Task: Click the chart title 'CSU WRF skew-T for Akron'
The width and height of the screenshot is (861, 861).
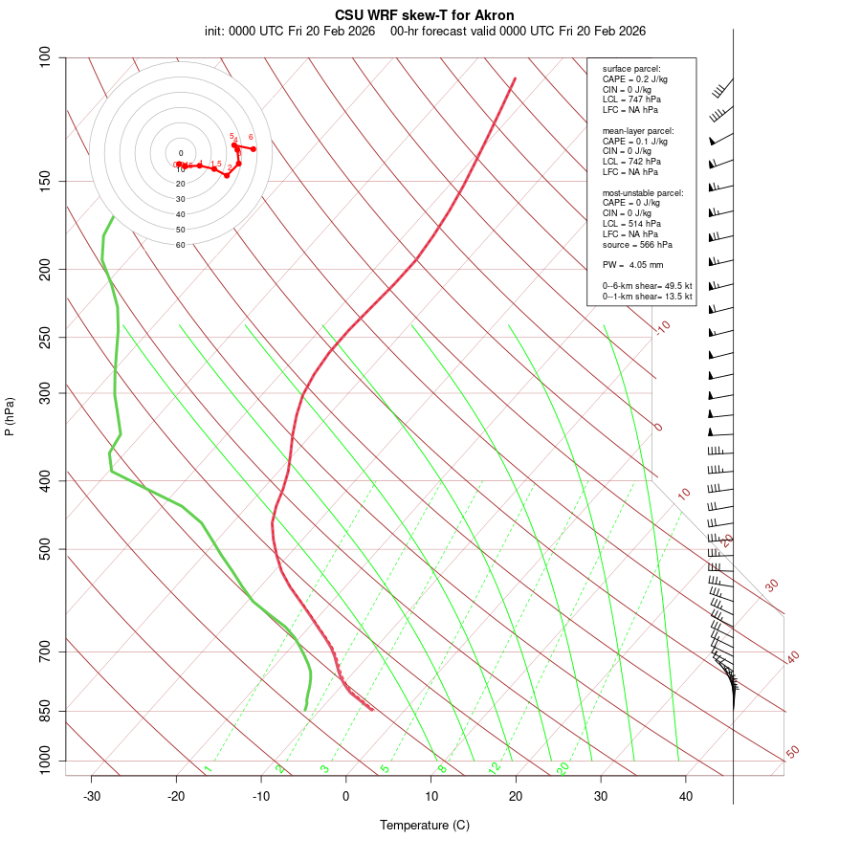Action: (424, 15)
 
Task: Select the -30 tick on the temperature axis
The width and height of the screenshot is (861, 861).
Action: (92, 796)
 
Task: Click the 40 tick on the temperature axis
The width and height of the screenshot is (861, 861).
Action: (686, 796)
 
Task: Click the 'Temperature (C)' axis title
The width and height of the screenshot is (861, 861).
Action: (424, 825)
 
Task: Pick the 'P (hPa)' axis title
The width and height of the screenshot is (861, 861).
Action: (10, 416)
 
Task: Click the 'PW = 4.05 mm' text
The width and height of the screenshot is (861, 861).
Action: (632, 265)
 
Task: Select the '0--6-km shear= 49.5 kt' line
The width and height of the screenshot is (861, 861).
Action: (647, 286)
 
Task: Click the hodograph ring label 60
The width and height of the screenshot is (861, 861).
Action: (180, 245)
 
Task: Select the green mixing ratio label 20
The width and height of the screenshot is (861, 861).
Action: (563, 767)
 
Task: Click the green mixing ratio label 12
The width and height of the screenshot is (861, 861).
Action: (495, 767)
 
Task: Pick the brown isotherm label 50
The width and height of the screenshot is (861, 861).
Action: (792, 753)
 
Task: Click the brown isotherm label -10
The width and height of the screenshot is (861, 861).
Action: (662, 328)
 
